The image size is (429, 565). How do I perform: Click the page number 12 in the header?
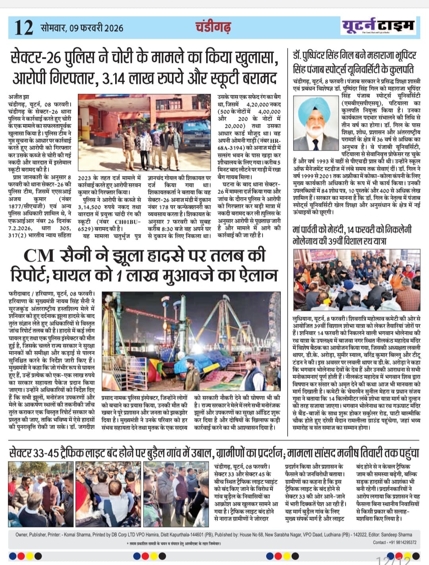(x=24, y=27)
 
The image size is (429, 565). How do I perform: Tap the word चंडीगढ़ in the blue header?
(x=213, y=27)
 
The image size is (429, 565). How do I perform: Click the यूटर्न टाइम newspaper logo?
(x=378, y=26)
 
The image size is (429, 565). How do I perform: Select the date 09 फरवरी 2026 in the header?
(x=96, y=28)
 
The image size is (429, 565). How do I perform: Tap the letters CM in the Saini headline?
(x=39, y=255)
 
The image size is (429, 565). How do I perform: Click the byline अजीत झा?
(x=18, y=97)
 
